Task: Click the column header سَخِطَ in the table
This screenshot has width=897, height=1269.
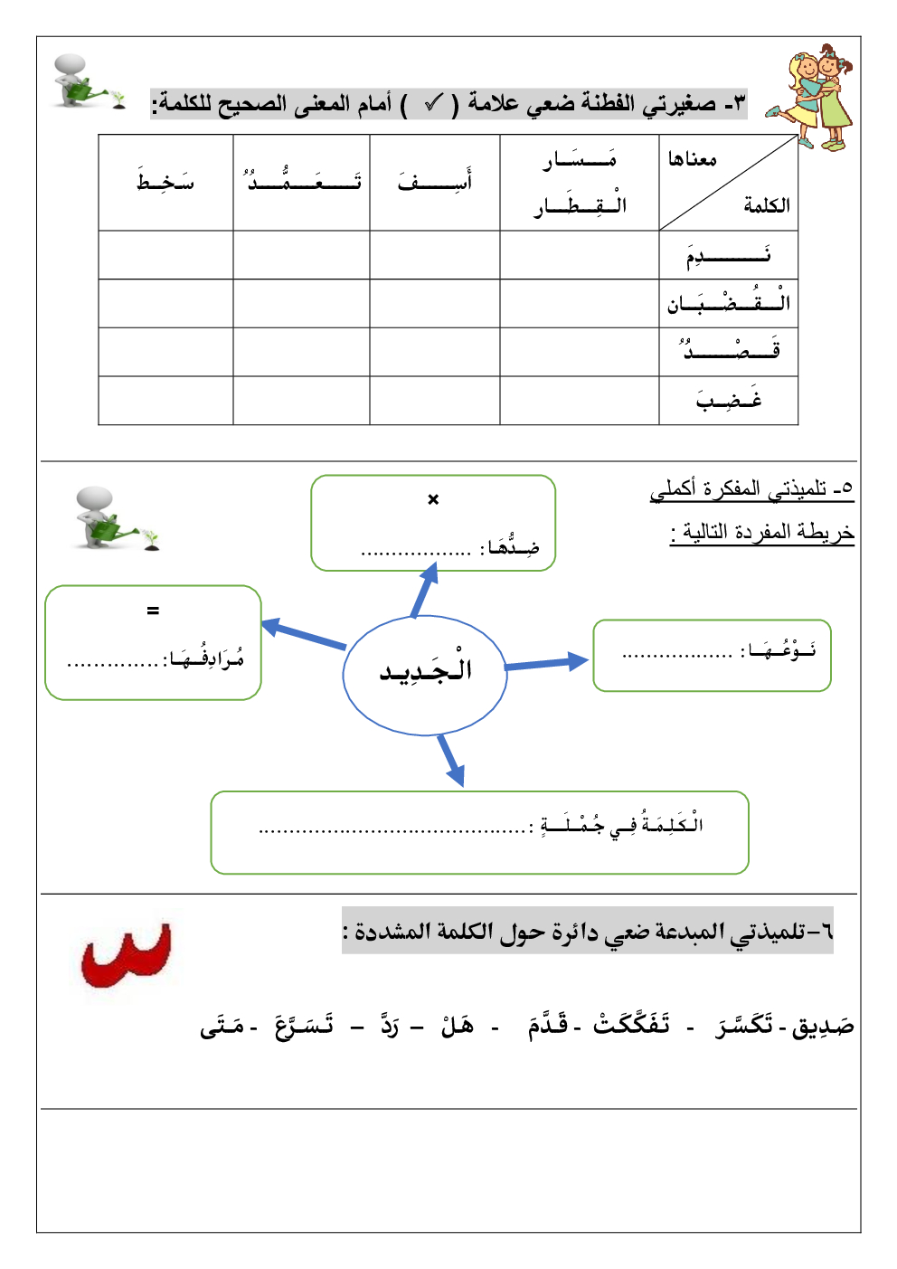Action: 165,182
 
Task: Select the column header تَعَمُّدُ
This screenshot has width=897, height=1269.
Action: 302,181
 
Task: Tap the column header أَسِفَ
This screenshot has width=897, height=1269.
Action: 435,181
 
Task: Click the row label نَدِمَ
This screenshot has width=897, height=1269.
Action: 728,255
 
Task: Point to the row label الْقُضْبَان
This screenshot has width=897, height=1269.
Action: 728,303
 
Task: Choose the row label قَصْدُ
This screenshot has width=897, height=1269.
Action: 729,351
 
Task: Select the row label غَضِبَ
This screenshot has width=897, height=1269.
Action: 729,400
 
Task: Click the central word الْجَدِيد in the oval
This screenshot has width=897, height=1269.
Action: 425,671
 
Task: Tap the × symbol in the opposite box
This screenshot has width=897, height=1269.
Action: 433,499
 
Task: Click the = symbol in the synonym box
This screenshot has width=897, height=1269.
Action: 153,611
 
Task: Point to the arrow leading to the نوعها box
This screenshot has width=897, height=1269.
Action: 547,664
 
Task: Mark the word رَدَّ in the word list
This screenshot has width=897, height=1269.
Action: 389,1026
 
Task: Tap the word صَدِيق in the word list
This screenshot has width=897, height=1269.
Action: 823,1027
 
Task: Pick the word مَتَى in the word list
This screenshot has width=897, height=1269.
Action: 222,1027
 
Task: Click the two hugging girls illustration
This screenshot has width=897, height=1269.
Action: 813,98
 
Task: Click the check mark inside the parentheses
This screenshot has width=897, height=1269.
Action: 433,104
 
